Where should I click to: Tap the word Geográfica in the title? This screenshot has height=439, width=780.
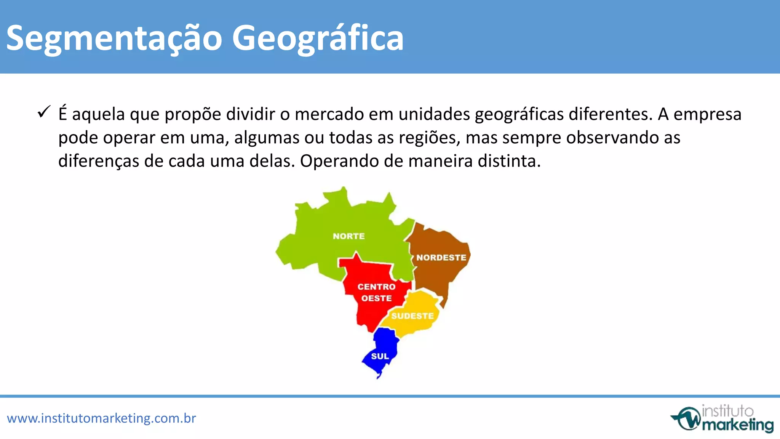pyautogui.click(x=318, y=38)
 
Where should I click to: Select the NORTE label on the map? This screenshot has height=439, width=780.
pyautogui.click(x=348, y=236)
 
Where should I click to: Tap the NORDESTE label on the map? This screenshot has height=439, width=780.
pyautogui.click(x=441, y=258)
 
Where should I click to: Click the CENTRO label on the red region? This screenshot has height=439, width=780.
pyautogui.click(x=376, y=287)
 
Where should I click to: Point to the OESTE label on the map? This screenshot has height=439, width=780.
pyautogui.click(x=376, y=298)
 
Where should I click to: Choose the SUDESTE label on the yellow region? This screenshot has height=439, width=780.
pyautogui.click(x=412, y=316)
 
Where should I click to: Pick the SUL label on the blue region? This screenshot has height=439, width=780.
pyautogui.click(x=380, y=356)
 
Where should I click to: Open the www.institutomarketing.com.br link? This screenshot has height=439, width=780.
pyautogui.click(x=101, y=418)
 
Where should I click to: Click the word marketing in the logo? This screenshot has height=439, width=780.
pyautogui.click(x=738, y=425)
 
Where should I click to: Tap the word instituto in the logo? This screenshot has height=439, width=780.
pyautogui.click(x=727, y=411)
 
